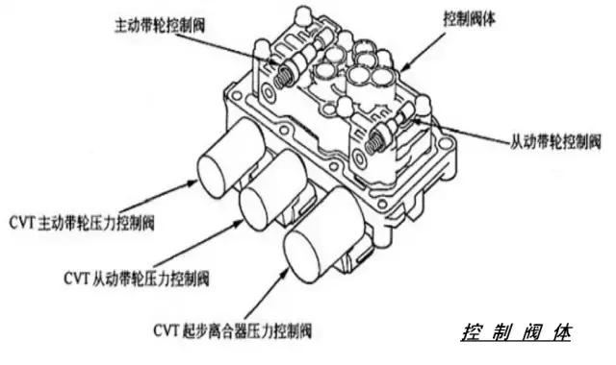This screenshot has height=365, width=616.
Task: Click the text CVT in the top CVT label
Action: pyautogui.click(x=20, y=222)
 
